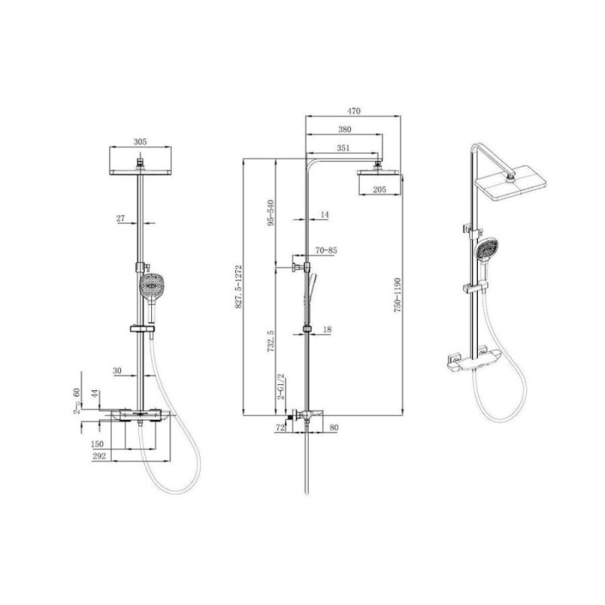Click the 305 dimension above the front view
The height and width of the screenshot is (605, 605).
coord(140,142)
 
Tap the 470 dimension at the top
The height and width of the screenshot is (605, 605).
coord(354,111)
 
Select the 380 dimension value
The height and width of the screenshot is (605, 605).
coord(345,129)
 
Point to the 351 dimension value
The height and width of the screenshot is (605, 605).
coord(343,147)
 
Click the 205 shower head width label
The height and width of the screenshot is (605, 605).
coord(380,190)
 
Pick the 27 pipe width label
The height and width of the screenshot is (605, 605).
coord(121,219)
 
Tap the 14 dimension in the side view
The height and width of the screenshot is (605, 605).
coord(324,215)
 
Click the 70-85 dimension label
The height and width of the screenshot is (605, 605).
coord(326,250)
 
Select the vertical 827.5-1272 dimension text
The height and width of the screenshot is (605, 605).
coord(238,287)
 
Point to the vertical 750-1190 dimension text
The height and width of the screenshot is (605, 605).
coord(398,295)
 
